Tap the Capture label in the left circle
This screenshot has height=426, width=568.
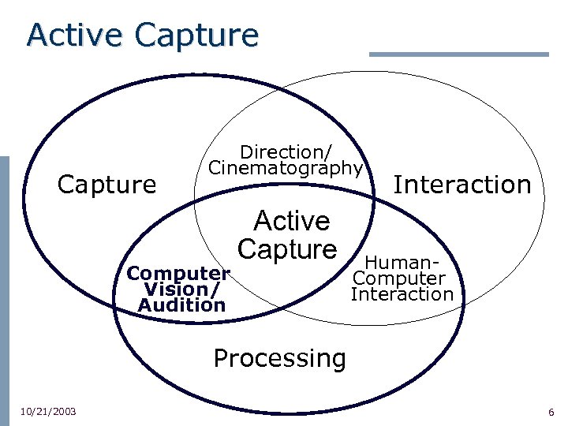(107, 185)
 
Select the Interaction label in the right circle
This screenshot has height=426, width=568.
(462, 185)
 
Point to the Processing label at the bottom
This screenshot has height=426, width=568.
(279, 358)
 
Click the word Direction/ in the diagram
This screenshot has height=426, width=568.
(286, 150)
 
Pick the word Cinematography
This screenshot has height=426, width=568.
(286, 167)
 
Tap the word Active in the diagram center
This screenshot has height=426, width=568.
(291, 220)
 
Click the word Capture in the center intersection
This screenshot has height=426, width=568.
(287, 249)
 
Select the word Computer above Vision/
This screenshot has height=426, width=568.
(178, 273)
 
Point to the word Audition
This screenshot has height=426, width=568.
(181, 305)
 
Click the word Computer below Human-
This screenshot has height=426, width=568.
(399, 278)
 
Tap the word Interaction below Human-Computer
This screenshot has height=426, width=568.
(402, 294)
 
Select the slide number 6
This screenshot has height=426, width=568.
(551, 413)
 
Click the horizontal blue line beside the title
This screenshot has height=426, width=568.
(458, 54)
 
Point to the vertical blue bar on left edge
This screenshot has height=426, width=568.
(4, 284)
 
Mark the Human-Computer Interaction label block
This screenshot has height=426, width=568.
(402, 278)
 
